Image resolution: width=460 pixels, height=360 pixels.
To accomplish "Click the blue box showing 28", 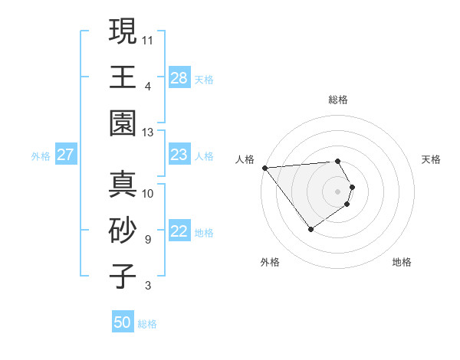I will (x=179, y=78).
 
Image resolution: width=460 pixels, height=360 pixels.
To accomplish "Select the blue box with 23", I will (x=179, y=155).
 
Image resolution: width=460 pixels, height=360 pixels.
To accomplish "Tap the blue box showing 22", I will (x=179, y=232).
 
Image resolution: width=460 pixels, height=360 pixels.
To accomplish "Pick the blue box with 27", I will (x=66, y=155).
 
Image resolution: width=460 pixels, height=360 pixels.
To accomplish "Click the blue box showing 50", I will (x=123, y=322).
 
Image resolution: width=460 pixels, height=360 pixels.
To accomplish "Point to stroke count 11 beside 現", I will (x=148, y=38).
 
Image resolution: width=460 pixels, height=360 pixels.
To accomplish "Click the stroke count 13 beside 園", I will (x=148, y=132).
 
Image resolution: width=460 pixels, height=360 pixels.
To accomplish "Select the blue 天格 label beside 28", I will (x=205, y=80).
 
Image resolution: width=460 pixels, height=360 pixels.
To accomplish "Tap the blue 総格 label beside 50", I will (x=147, y=324).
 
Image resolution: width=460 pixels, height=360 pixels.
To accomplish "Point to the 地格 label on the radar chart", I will (x=402, y=262).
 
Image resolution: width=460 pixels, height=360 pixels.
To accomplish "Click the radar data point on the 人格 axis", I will (x=264, y=167).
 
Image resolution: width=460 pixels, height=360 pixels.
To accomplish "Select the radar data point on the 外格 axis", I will (x=310, y=229).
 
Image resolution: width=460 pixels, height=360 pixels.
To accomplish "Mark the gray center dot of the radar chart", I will (x=337, y=191).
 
